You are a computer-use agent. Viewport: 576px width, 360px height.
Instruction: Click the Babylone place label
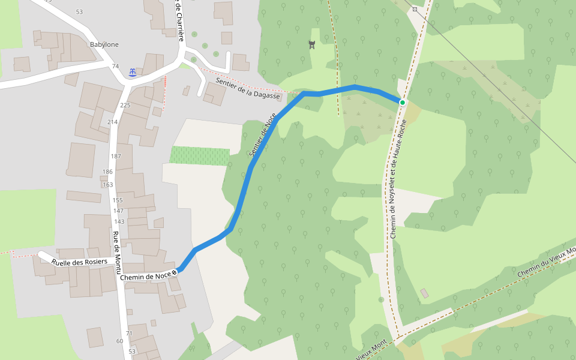[104, 44]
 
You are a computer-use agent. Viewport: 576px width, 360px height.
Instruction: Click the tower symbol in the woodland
[311, 44]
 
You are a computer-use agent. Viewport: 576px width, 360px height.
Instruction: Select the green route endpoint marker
[403, 103]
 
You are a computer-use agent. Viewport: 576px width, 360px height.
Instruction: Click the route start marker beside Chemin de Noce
[175, 272]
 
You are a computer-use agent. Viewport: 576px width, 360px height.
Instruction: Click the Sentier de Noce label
[262, 136]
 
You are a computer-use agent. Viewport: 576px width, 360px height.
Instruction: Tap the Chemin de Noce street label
[145, 276]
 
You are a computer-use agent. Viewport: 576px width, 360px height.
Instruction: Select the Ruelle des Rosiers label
[79, 262]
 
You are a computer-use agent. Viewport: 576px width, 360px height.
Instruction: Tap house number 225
[125, 106]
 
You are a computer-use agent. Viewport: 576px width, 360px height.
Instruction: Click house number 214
[112, 122]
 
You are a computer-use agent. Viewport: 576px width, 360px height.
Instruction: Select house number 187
[116, 156]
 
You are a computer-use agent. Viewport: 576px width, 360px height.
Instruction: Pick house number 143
[119, 221]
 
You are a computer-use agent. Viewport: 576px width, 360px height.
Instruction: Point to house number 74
[115, 66]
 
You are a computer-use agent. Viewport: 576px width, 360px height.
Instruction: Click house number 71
[129, 333]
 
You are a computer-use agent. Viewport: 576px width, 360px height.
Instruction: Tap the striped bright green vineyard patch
[199, 155]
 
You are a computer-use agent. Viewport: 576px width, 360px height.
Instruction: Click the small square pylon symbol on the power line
[415, 10]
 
